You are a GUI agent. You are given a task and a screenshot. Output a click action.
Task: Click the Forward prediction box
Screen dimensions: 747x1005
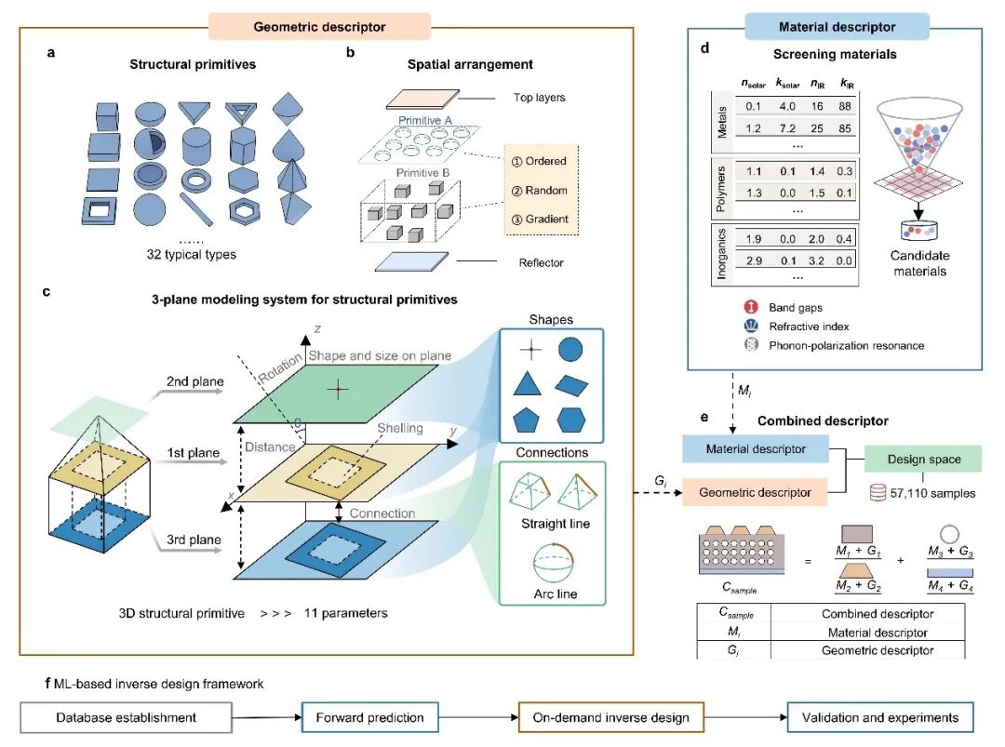pyautogui.click(x=368, y=717)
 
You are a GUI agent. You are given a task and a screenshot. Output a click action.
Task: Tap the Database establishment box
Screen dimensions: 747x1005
pyautogui.click(x=126, y=717)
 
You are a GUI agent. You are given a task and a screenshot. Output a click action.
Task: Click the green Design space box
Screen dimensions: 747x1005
pyautogui.click(x=923, y=460)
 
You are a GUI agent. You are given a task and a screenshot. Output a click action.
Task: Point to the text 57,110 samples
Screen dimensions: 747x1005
pyautogui.click(x=931, y=493)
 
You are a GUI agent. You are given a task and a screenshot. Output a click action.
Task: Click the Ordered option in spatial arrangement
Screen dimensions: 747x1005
pyautogui.click(x=540, y=162)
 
